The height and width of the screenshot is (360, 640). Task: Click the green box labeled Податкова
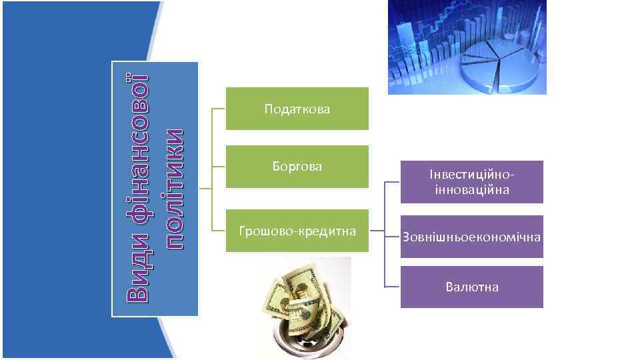[x=297, y=108]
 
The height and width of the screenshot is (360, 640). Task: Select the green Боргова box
[x=297, y=166]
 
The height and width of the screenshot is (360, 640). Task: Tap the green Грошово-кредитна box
[x=297, y=231]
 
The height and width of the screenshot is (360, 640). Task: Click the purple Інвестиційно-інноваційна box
[x=471, y=181]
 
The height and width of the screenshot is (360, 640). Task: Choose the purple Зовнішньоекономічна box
[x=471, y=237]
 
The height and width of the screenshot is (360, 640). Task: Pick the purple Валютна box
[x=471, y=287]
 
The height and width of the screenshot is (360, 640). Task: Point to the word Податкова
[x=297, y=108]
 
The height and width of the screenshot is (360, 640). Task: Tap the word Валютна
[x=471, y=287]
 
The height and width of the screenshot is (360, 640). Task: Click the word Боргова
[x=297, y=166]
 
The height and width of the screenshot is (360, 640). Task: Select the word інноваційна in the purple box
[x=471, y=190]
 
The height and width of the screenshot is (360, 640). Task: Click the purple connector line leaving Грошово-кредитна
[x=377, y=232]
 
